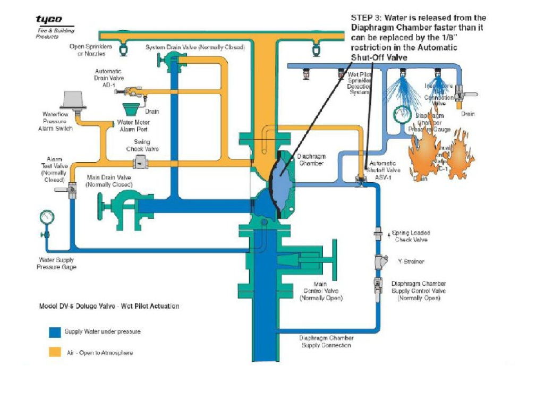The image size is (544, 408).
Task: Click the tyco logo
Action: tap(49, 20)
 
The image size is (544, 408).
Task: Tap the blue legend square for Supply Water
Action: tap(54, 333)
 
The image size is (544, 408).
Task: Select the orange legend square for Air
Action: tap(54, 353)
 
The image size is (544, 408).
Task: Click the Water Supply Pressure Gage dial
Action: tap(47, 217)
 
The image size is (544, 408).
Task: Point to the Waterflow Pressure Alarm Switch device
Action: tap(74, 100)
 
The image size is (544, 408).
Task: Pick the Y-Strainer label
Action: tap(410, 261)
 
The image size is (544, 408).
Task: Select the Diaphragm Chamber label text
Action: tap(311, 160)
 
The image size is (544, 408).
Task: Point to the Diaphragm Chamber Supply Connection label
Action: tap(326, 342)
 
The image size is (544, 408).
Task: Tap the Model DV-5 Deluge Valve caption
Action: tap(109, 307)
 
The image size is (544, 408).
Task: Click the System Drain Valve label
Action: tap(194, 47)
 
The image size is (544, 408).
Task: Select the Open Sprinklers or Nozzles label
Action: tap(91, 50)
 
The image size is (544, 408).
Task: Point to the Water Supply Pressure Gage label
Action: tap(56, 263)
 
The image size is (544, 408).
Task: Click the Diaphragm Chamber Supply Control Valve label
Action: tap(419, 291)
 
